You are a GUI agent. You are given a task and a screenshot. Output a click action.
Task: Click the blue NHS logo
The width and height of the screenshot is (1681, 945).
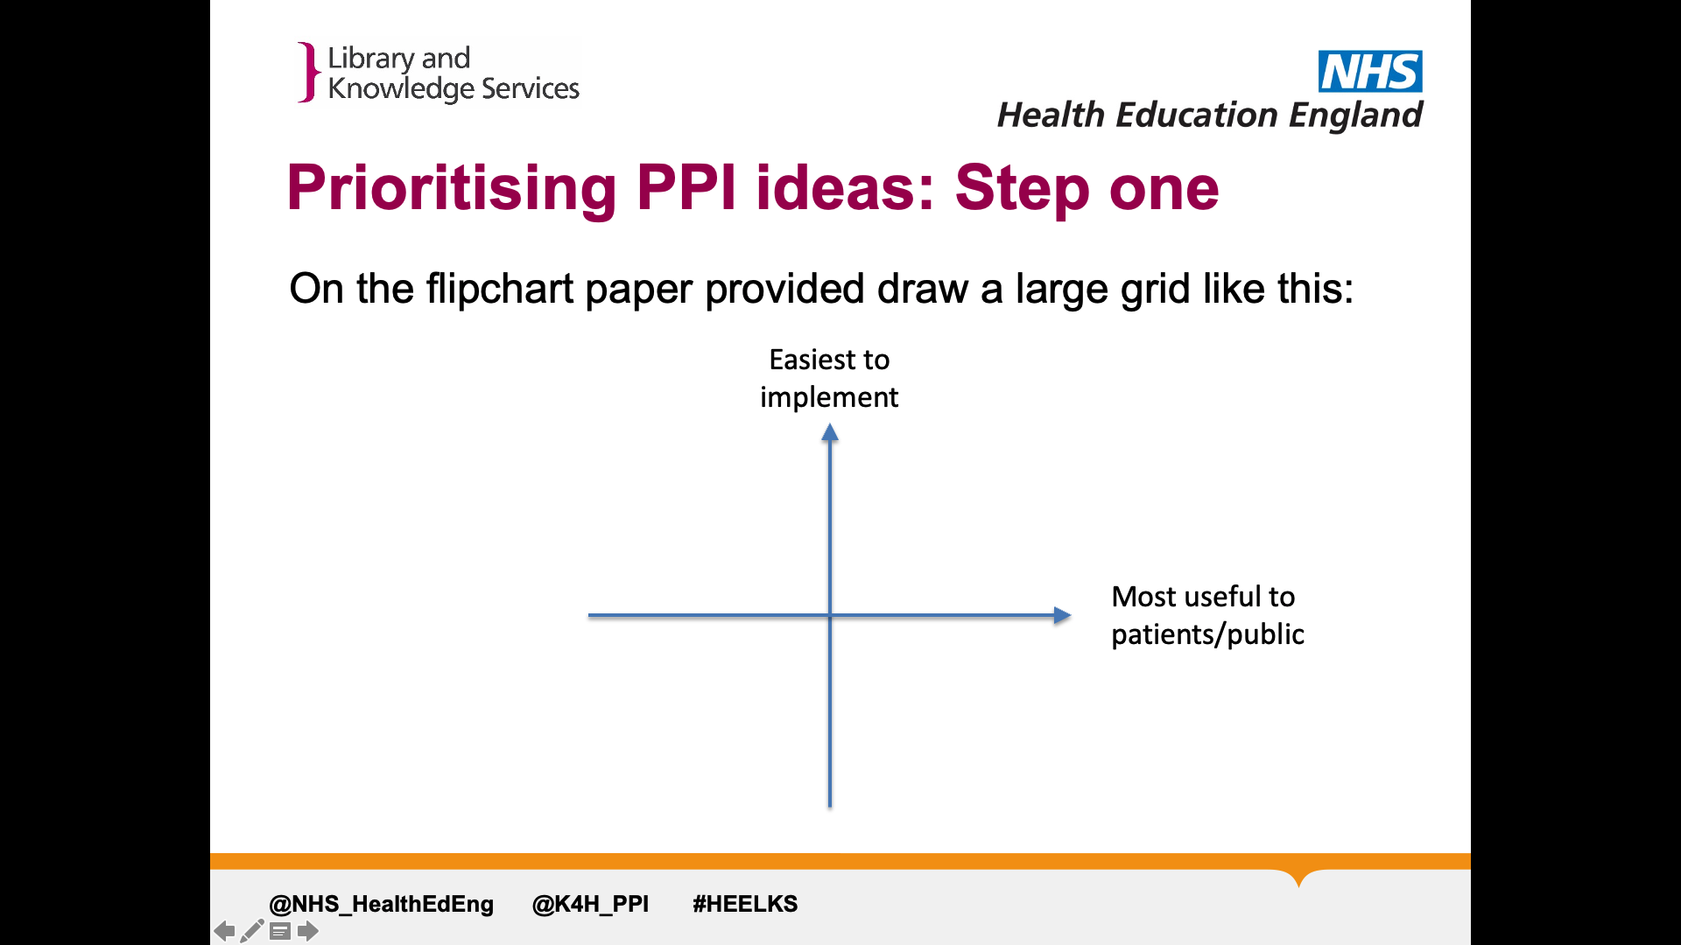click(1370, 71)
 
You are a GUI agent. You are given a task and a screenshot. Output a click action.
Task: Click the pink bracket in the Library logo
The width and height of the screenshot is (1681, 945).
click(307, 73)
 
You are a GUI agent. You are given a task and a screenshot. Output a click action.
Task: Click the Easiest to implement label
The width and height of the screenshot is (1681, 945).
click(829, 378)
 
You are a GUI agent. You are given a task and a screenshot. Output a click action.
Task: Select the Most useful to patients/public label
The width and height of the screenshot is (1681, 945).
click(1207, 615)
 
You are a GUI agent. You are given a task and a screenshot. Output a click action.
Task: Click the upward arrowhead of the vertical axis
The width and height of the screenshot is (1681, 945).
click(830, 431)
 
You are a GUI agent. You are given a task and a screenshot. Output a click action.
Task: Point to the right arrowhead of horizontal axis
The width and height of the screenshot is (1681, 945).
click(1062, 615)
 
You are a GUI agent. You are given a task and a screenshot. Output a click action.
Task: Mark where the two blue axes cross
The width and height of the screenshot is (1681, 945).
click(830, 615)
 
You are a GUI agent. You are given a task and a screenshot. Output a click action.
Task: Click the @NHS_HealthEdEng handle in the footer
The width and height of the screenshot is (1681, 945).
click(381, 904)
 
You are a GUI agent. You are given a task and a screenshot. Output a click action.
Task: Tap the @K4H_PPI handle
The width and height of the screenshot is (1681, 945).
click(590, 904)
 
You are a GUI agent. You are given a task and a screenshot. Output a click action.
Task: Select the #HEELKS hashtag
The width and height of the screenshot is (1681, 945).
click(745, 904)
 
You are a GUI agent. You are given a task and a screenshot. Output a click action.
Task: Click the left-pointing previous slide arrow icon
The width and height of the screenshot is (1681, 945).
click(224, 931)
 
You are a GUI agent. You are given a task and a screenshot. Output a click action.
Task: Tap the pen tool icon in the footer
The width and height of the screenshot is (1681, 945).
click(252, 931)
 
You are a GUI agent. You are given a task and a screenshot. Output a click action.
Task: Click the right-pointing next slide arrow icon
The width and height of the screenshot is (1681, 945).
click(307, 931)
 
